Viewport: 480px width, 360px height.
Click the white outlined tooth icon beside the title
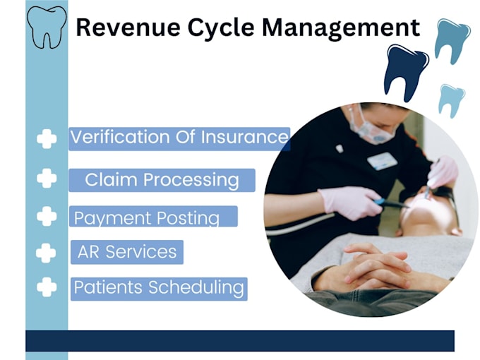[47, 26]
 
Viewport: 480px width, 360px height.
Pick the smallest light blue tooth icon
[451, 100]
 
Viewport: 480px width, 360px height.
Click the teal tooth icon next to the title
[452, 39]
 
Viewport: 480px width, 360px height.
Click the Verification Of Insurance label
[179, 138]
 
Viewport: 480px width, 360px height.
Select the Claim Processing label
[162, 180]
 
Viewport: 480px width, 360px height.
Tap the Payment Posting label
[147, 217]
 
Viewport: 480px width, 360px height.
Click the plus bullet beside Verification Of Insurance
[47, 139]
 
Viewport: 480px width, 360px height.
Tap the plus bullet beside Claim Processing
[47, 178]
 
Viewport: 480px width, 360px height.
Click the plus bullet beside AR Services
[47, 252]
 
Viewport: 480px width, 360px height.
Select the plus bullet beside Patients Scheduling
[47, 287]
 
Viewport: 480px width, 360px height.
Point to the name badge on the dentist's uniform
[382, 160]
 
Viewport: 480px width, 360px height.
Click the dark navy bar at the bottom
[240, 340]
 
